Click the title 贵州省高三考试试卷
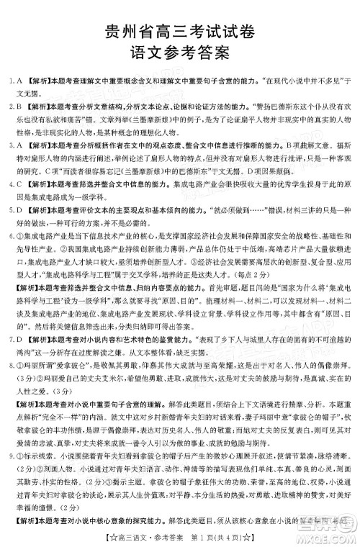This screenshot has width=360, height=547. pos(179,30)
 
